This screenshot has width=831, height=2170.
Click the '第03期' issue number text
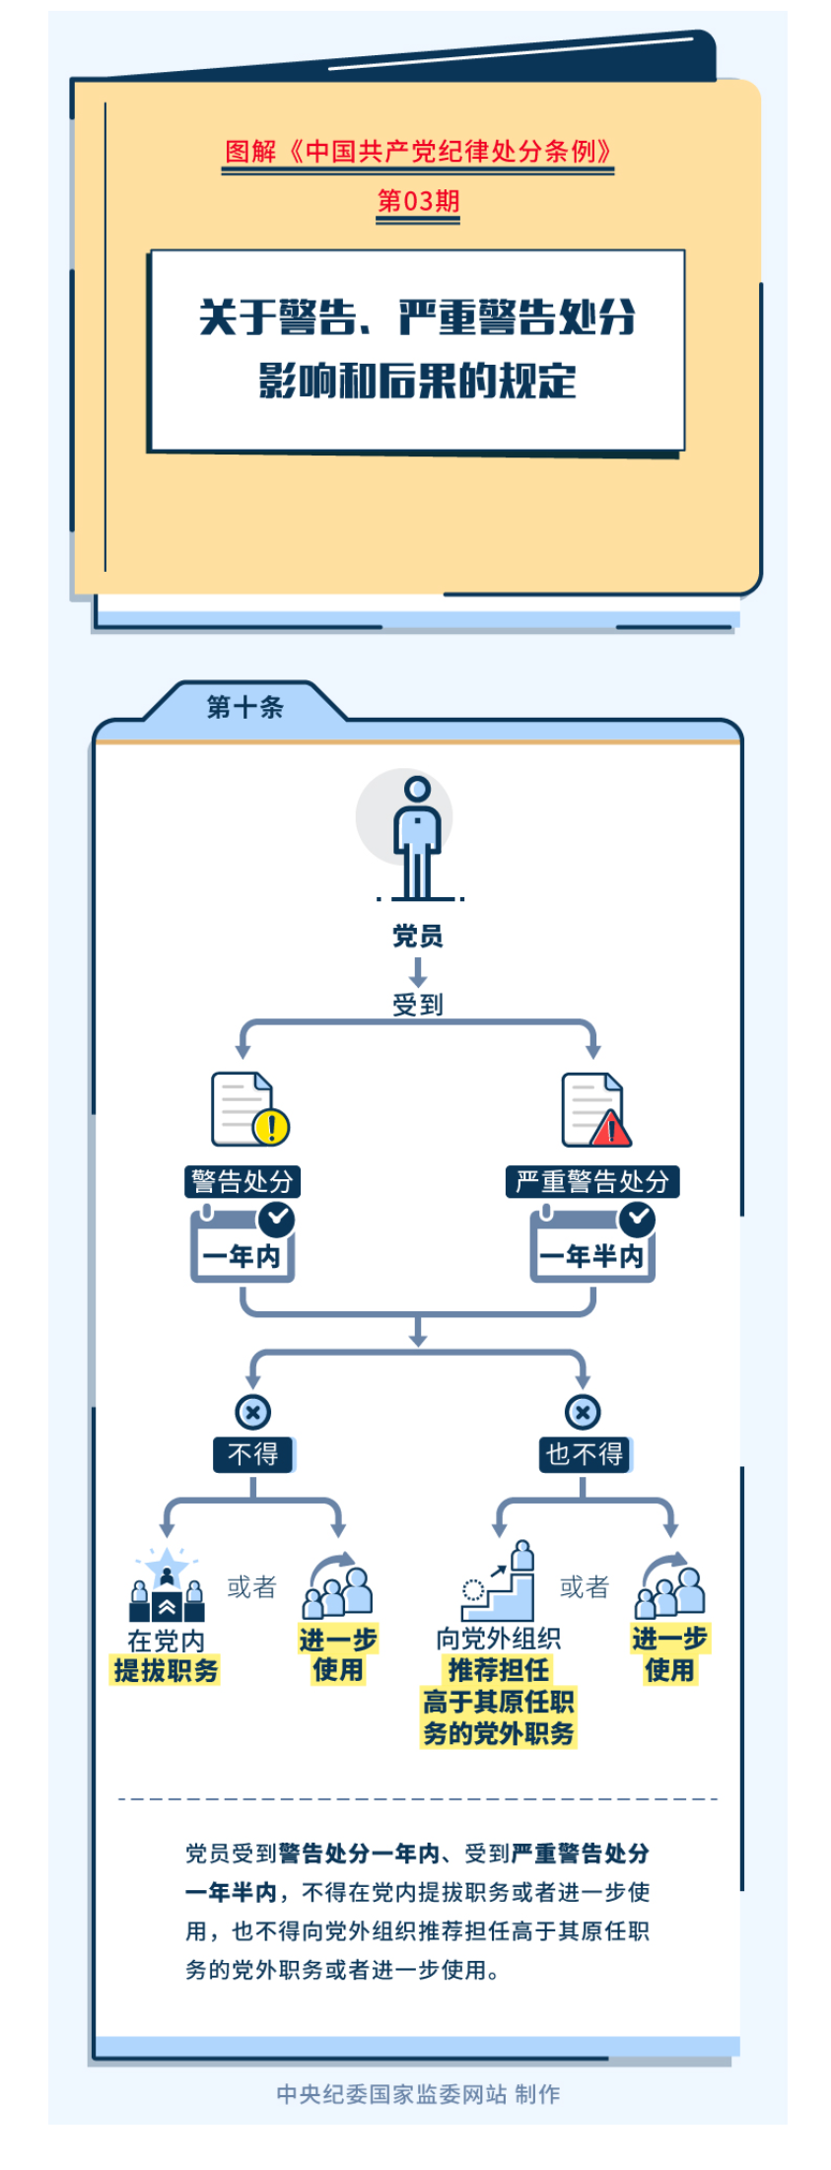[418, 201]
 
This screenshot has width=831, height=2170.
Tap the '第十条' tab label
[244, 707]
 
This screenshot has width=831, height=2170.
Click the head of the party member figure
[417, 789]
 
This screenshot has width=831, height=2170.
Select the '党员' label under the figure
[417, 936]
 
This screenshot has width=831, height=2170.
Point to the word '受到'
[417, 1005]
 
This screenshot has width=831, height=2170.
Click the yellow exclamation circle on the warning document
[271, 1126]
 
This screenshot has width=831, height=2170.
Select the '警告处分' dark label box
[242, 1181]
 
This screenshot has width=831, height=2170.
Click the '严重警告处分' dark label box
[592, 1181]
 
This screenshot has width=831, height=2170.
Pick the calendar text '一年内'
[242, 1256]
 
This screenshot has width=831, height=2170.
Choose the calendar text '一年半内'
[591, 1256]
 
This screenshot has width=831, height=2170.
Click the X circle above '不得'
[253, 1412]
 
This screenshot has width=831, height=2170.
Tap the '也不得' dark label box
[585, 1454]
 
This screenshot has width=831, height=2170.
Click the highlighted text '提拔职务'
[166, 1670]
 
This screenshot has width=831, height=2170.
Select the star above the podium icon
[167, 1563]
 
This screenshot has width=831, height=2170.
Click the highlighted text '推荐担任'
[499, 1669]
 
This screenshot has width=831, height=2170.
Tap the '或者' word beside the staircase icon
[585, 1586]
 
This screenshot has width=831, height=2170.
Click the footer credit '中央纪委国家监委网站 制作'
[418, 2093]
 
